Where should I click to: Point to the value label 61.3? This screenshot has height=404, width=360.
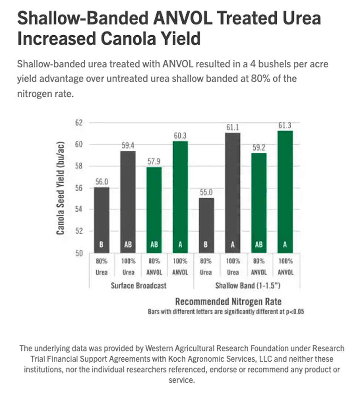pos(285,126)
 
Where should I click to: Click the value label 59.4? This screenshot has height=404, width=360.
pos(128,145)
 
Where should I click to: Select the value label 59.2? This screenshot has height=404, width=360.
pos(259,148)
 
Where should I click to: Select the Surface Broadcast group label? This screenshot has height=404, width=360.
pos(139,286)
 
